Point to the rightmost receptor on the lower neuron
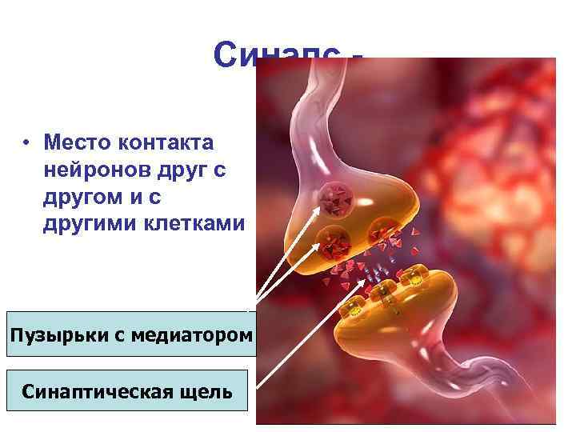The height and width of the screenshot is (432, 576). [414, 276]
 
